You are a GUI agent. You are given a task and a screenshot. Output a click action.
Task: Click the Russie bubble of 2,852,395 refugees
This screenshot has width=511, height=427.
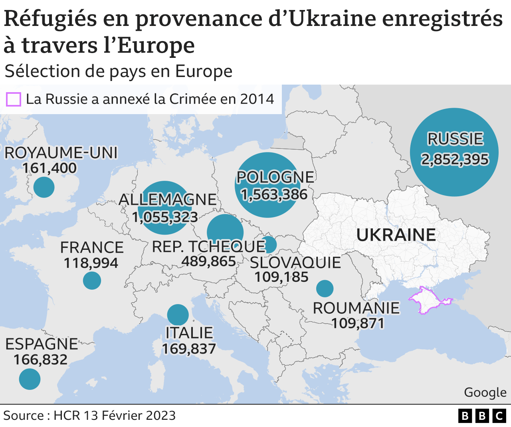[454, 152]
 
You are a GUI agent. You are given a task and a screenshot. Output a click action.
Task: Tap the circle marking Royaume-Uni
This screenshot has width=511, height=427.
[44, 187]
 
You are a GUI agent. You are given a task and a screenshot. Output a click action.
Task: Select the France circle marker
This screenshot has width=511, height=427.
[92, 281]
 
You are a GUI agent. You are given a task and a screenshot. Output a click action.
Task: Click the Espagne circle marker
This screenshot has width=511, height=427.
[30, 379]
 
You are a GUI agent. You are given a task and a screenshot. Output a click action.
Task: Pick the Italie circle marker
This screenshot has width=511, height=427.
[178, 314]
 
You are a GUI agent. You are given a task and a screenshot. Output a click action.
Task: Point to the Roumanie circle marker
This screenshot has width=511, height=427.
[325, 288]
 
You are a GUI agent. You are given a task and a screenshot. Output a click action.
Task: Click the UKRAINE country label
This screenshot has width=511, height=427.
[396, 235]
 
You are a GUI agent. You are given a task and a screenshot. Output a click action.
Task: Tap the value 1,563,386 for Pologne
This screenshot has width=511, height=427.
[274, 194]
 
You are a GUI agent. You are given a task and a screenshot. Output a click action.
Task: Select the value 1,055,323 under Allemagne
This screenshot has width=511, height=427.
[165, 217]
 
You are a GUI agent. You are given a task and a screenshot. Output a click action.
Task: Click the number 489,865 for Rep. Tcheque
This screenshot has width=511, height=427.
[209, 261]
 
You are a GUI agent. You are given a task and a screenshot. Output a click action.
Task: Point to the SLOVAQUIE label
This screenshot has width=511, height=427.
[295, 263]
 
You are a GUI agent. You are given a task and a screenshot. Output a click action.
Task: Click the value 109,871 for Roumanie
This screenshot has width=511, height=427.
[358, 323]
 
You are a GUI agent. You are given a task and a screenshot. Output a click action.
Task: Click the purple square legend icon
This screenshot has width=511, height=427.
[13, 99]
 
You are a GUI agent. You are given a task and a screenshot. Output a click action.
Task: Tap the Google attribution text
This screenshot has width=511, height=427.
[485, 392]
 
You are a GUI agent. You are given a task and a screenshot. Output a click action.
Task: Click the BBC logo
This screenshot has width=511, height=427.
[482, 416]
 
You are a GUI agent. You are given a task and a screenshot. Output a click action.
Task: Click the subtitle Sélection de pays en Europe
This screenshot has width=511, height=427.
[118, 71]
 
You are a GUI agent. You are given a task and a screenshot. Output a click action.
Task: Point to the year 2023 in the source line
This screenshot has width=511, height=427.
[160, 415]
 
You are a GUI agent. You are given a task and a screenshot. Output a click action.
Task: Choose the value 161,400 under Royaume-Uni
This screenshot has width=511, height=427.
[50, 168]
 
